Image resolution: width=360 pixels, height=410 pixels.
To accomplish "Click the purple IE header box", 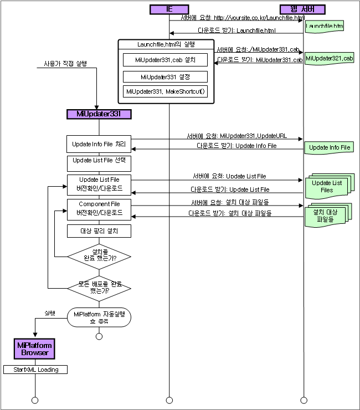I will pos(169,9).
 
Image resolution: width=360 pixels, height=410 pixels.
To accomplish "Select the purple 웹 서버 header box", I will pos(302,9).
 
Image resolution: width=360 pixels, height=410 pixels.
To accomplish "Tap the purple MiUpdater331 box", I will pos(99,114).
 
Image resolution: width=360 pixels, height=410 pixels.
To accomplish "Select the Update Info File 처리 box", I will pos(99,145).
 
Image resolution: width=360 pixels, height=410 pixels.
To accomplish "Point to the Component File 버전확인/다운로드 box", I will pos(99,208).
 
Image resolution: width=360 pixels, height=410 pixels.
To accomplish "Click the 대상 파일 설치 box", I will pos(99,230).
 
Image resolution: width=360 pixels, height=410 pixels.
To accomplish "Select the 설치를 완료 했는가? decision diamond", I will pos(99,257).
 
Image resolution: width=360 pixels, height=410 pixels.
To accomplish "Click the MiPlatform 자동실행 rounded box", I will pos(99,317).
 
